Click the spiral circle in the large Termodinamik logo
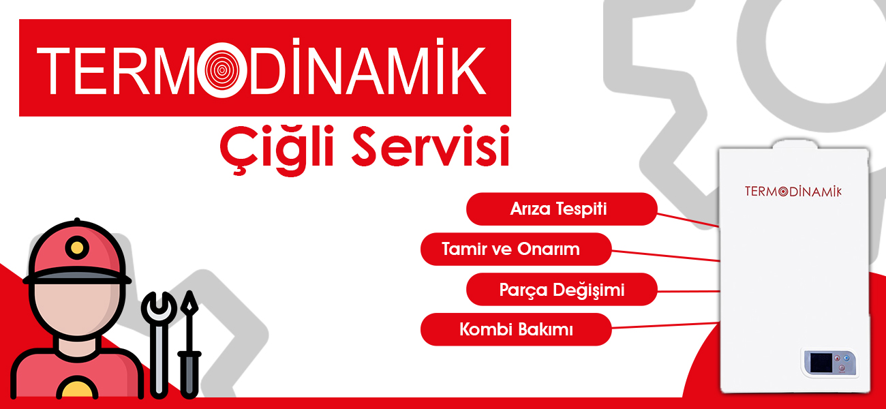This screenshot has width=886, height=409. pyautogui.click(x=222, y=70)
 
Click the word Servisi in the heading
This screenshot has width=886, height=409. pyautogui.click(x=431, y=146)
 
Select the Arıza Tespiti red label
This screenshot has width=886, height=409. pyautogui.click(x=562, y=209)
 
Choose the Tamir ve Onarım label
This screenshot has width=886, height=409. pyautogui.click(x=516, y=249)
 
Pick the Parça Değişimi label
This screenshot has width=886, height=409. pyautogui.click(x=562, y=289)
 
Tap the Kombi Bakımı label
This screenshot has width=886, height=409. pyautogui.click(x=516, y=329)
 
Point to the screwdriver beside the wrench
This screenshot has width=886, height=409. pyautogui.click(x=189, y=344)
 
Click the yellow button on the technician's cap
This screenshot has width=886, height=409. pyautogui.click(x=77, y=247)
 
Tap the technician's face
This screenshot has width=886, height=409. pyautogui.click(x=77, y=309)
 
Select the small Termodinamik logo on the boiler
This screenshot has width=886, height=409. pyautogui.click(x=793, y=191)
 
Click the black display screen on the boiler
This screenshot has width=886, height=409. pyautogui.click(x=821, y=363)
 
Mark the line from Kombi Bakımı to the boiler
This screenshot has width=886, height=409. pyautogui.click(x=666, y=326)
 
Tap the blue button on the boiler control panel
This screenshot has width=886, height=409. pyautogui.click(x=846, y=359)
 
